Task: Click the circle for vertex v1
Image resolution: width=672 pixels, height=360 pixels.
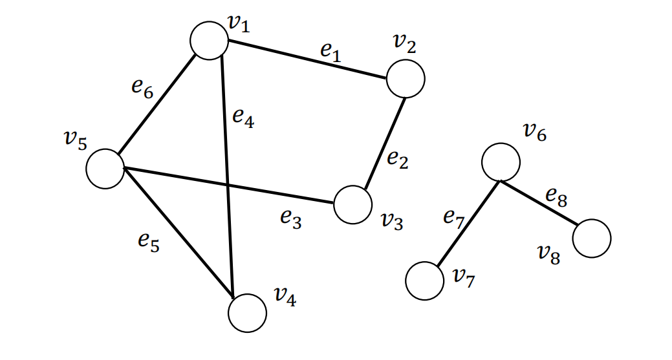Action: pyautogui.click(x=209, y=41)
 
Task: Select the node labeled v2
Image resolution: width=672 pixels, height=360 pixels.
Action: pyautogui.click(x=406, y=78)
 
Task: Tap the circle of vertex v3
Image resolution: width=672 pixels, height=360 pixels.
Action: pyautogui.click(x=353, y=205)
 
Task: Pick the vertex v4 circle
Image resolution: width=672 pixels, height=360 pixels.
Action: pyautogui.click(x=247, y=313)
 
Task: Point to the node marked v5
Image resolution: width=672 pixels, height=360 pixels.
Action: pyautogui.click(x=105, y=169)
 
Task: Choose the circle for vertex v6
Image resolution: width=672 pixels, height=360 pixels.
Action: pyautogui.click(x=501, y=162)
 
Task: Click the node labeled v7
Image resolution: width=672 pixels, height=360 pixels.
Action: pyautogui.click(x=425, y=281)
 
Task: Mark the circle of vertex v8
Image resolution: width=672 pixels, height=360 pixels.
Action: pyautogui.click(x=591, y=238)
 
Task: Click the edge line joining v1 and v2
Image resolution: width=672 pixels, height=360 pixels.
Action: pyautogui.click(x=307, y=60)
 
